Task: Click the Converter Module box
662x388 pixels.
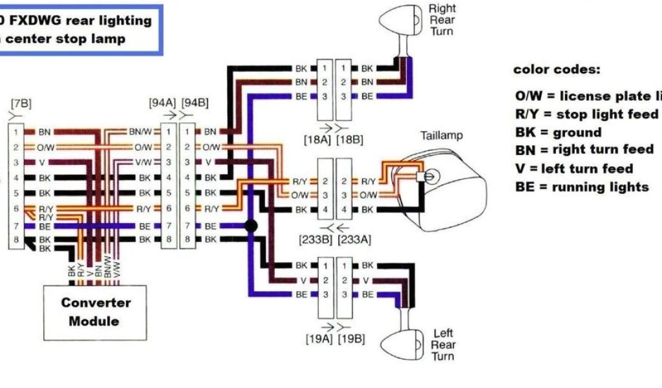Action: (94, 312)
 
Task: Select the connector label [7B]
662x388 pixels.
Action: (21, 103)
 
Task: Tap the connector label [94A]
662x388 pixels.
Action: (162, 102)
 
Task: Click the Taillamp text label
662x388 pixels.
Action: (442, 136)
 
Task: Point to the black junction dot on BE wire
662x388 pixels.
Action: (248, 225)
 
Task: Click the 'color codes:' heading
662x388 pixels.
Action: (557, 69)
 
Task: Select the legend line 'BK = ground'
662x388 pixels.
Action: (559, 133)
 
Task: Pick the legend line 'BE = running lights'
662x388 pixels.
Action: (582, 187)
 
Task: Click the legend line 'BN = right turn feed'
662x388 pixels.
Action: (584, 150)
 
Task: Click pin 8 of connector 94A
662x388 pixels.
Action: (168, 240)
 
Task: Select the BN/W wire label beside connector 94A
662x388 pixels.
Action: (142, 131)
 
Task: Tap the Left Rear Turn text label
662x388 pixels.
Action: (443, 345)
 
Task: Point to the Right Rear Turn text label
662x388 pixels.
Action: (442, 19)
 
